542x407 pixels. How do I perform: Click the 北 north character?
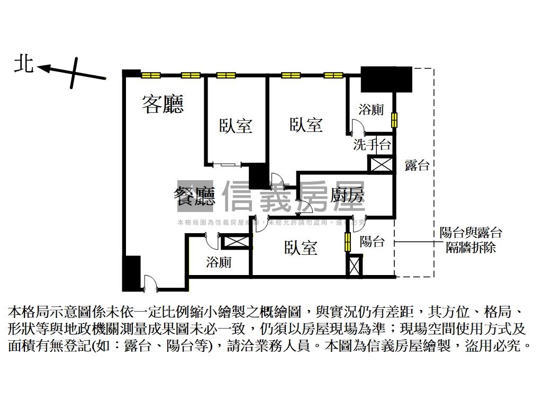tap(24, 65)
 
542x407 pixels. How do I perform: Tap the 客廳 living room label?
tap(162, 104)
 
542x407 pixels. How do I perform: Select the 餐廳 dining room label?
tap(194, 196)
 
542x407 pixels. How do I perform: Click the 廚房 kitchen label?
tap(347, 196)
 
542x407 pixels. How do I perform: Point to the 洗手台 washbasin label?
tap(372, 144)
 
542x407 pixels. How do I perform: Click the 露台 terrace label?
tap(417, 165)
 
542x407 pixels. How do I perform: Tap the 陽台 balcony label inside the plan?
tap(372, 242)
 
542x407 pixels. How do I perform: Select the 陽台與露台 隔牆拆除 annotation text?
tap(471, 240)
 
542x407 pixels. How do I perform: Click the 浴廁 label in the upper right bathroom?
tap(371, 110)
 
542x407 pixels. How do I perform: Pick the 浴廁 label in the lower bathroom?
tap(218, 262)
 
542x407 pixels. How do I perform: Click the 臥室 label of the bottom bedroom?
tap(301, 247)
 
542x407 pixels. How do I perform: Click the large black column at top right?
tap(386, 79)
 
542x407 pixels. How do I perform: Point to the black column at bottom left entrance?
tap(131, 273)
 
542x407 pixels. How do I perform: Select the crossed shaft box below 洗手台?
tap(381, 164)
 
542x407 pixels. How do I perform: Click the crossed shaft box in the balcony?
tap(355, 266)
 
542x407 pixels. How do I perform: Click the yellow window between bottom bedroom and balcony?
tap(348, 242)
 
